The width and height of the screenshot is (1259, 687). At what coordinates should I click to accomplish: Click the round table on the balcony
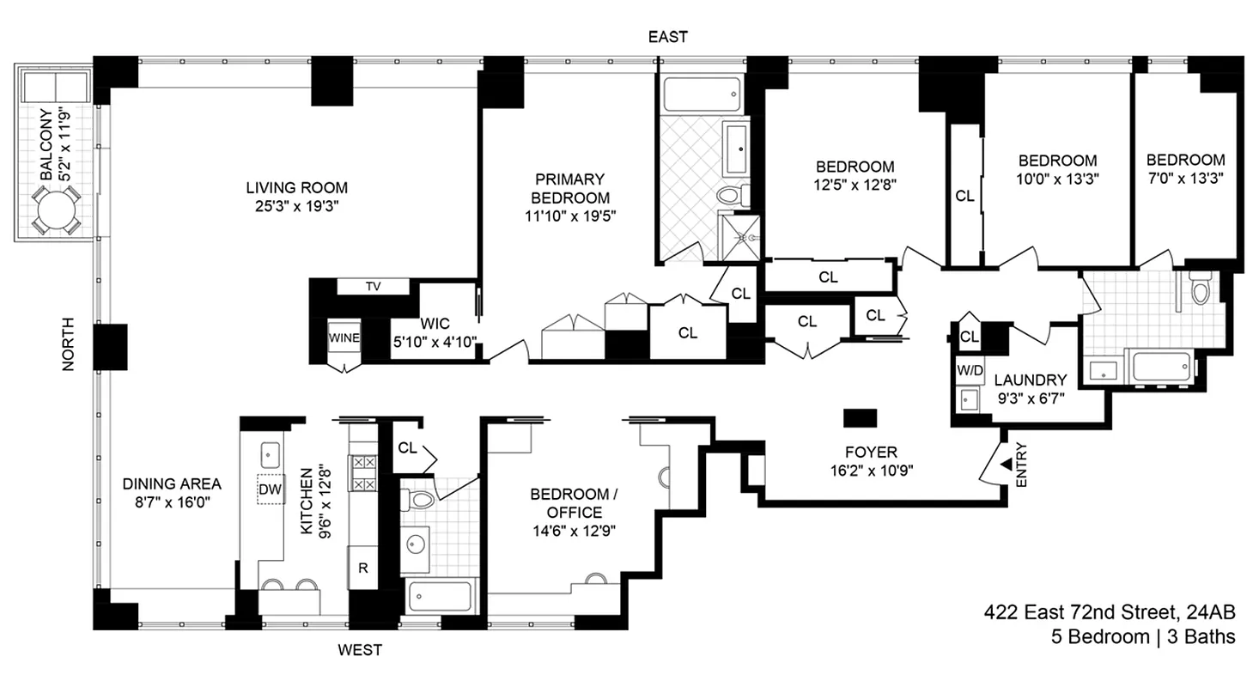tap(56, 210)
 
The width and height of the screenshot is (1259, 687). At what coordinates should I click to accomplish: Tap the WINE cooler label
tap(344, 337)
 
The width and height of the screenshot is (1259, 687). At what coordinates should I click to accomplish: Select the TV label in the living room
tap(373, 287)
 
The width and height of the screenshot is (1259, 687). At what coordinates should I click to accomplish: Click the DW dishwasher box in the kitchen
tap(271, 489)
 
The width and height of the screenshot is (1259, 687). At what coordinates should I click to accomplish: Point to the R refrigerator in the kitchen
tap(362, 568)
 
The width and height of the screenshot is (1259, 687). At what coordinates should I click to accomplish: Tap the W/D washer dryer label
tap(969, 370)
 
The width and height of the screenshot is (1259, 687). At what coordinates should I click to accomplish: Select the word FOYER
tap(870, 452)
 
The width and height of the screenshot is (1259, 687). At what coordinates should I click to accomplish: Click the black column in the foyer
tap(860, 418)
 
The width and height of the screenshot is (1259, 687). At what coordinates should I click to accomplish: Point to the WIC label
tap(435, 325)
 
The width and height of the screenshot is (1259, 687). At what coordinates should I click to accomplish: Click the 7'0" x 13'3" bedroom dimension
tap(1185, 179)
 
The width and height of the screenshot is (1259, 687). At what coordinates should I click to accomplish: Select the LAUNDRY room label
tap(1030, 380)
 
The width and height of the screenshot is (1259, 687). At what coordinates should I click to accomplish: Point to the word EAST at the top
tap(667, 37)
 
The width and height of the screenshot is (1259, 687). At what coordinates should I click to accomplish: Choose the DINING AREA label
tap(172, 483)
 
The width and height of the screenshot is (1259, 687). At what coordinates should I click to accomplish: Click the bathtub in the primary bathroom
tap(702, 94)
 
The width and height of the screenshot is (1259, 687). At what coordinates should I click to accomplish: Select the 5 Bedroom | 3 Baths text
tap(1143, 637)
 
